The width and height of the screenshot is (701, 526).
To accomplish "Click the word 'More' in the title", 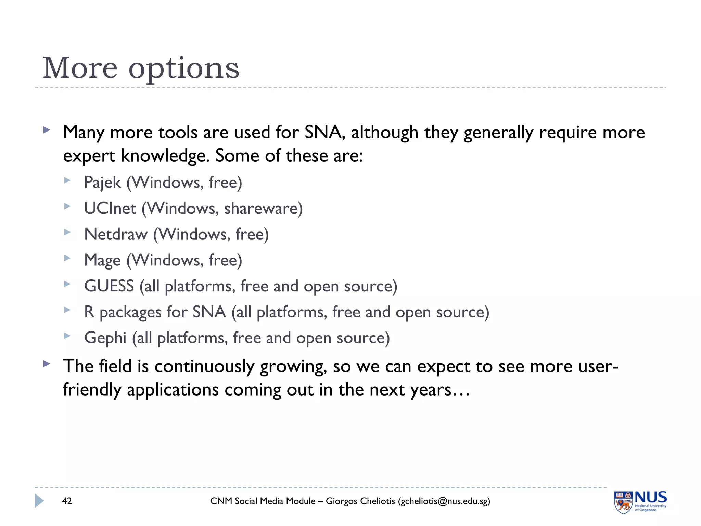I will [80, 68].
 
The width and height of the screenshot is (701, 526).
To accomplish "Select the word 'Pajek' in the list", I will [102, 183].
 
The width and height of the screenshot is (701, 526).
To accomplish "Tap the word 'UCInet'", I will [110, 209].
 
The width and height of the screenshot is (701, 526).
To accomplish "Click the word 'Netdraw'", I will [116, 235].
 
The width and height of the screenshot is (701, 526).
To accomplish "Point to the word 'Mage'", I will [102, 260].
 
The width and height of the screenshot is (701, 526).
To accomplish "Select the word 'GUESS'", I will [109, 286].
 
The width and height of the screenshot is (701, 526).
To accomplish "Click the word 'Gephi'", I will [105, 338].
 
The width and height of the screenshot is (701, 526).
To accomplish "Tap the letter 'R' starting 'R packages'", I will [89, 312].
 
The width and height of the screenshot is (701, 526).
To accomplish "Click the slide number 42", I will [67, 501].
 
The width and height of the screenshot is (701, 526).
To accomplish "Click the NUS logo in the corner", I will [640, 502].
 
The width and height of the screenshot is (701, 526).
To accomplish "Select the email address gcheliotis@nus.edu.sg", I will [444, 501].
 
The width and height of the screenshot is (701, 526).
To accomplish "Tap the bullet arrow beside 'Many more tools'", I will [47, 130].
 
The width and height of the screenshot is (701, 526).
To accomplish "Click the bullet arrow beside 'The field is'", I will [47, 364].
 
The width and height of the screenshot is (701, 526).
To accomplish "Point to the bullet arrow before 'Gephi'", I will [67, 336].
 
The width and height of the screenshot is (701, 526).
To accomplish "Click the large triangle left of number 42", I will [39, 501].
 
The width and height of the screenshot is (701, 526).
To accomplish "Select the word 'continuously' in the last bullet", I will [204, 366].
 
